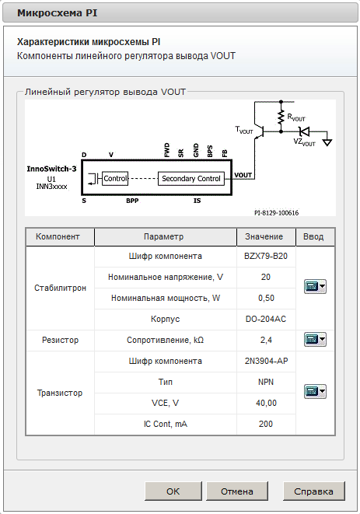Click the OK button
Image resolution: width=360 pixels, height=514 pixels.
point(173,491)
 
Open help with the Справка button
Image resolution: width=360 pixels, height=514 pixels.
point(313,491)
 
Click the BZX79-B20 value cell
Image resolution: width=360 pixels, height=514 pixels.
point(266,256)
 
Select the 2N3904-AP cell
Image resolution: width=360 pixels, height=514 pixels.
point(266,361)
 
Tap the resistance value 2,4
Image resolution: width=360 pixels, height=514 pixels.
point(266,340)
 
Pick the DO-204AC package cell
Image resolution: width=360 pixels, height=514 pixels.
point(266,319)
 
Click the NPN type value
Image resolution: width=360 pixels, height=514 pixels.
point(266,382)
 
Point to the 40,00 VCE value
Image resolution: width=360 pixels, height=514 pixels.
point(266,403)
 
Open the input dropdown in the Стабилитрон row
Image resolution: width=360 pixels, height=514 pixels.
point(314,287)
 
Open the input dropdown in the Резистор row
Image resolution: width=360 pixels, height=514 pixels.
point(314,340)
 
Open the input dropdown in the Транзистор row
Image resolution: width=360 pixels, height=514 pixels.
point(314,392)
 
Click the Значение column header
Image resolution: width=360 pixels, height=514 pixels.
point(266,236)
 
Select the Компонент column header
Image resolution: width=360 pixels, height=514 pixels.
point(60,236)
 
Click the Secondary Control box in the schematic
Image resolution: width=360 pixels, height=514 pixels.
point(191,178)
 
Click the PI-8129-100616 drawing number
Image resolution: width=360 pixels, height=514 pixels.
point(276,212)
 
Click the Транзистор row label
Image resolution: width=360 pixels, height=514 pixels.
point(59,393)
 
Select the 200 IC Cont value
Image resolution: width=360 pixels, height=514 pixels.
point(266,424)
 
